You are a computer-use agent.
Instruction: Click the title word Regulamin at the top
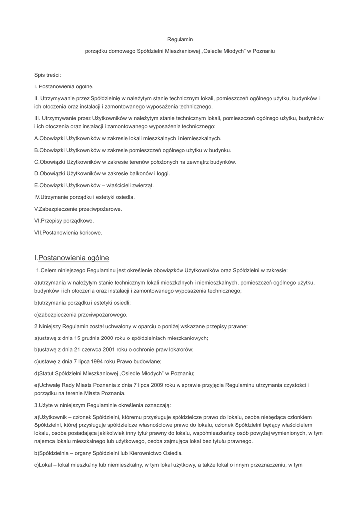[180, 39]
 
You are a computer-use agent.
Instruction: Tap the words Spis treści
[47, 75]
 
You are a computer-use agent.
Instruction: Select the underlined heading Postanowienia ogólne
[74, 258]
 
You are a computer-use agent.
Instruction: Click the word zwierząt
[142, 185]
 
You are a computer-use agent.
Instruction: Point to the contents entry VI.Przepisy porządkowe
[64, 221]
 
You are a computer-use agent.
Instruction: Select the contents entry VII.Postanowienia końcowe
[68, 233]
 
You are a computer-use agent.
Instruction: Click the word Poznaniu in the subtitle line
[264, 51]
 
